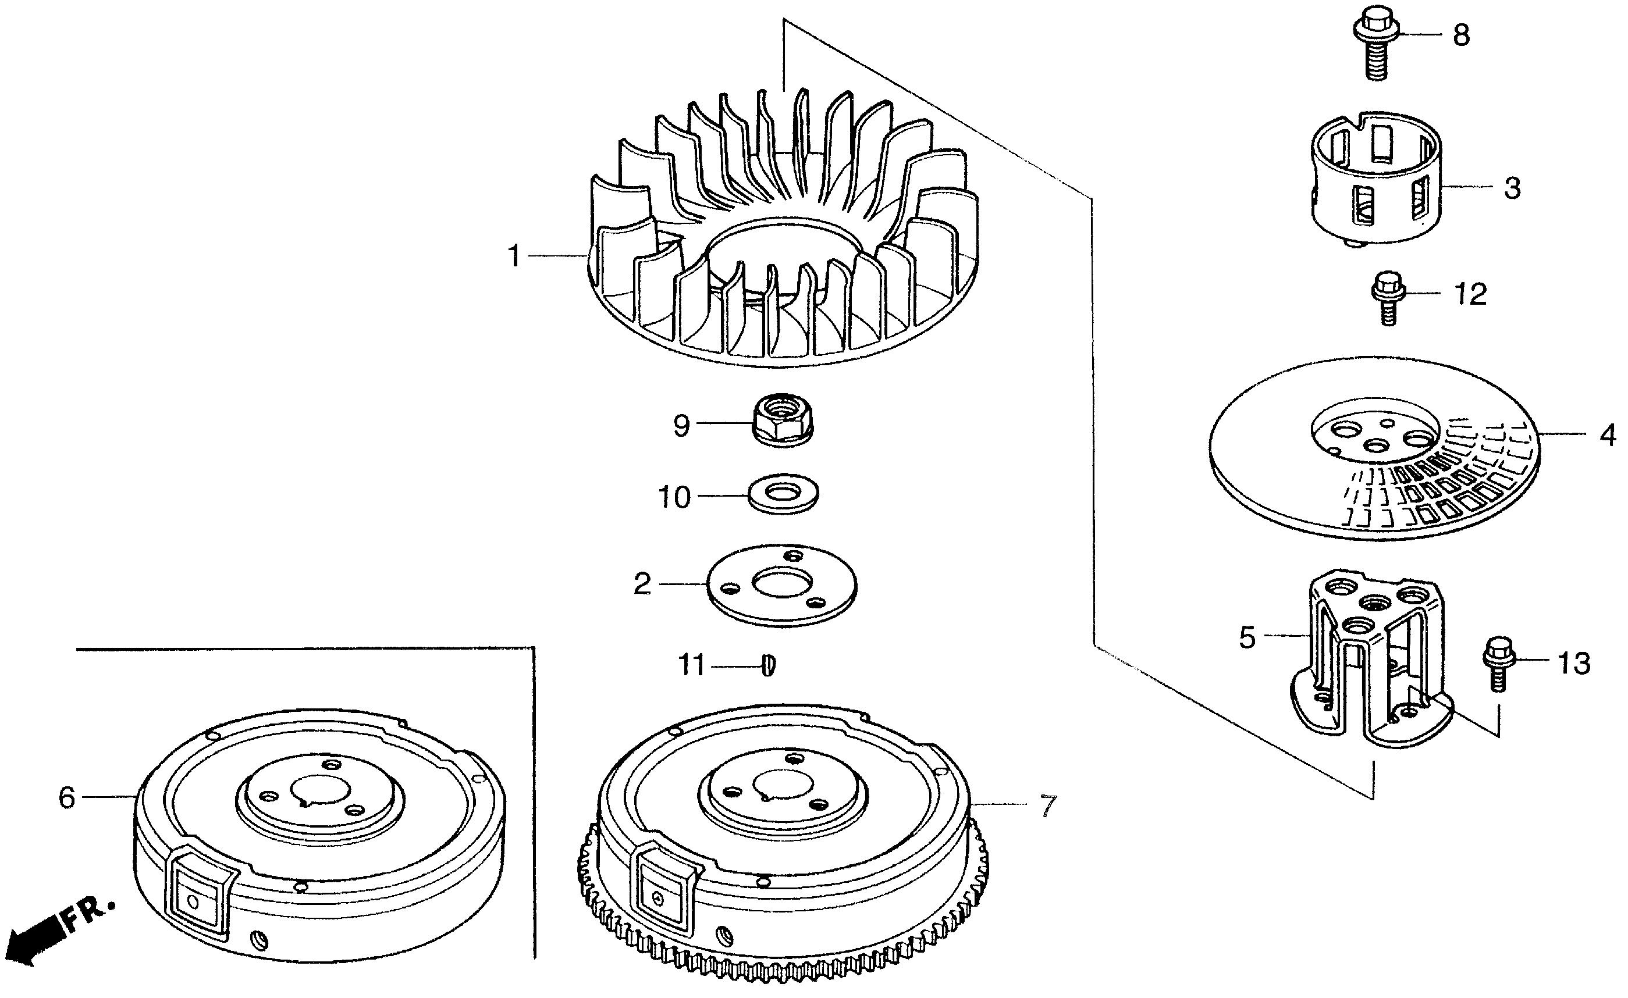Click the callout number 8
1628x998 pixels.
coord(1461,34)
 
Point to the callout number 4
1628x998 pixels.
coord(1608,436)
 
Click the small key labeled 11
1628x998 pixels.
coord(769,665)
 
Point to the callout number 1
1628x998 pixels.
coord(514,256)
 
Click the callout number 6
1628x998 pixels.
coord(67,798)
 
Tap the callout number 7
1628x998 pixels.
coord(1048,806)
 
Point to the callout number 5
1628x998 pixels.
coord(1247,638)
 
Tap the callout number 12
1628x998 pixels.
coord(1471,295)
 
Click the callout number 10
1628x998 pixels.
coord(674,497)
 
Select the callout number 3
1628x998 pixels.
coord(1512,188)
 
